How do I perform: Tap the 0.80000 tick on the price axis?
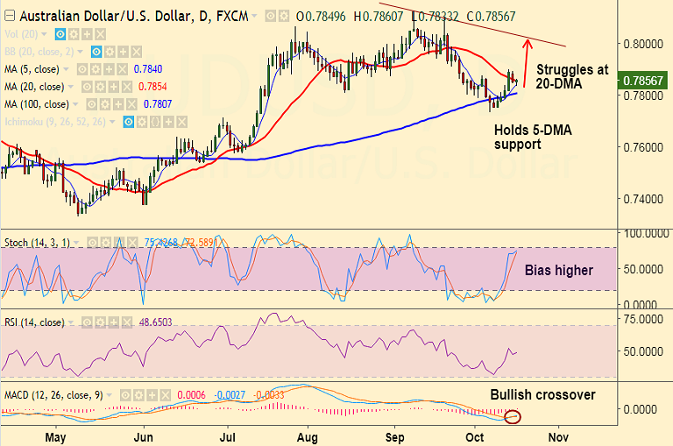click(x=641, y=43)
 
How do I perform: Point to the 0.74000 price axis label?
click(x=641, y=199)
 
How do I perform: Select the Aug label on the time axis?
click(x=308, y=435)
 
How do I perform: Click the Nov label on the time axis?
click(x=558, y=435)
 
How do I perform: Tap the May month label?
click(x=55, y=435)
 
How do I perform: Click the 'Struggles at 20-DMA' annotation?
click(x=572, y=76)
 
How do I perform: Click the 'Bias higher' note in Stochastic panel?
click(x=559, y=270)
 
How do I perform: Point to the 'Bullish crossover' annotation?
click(x=542, y=394)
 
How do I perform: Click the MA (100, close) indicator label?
click(x=37, y=103)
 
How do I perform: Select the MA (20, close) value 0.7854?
click(x=152, y=87)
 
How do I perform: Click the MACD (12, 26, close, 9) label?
click(x=53, y=395)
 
